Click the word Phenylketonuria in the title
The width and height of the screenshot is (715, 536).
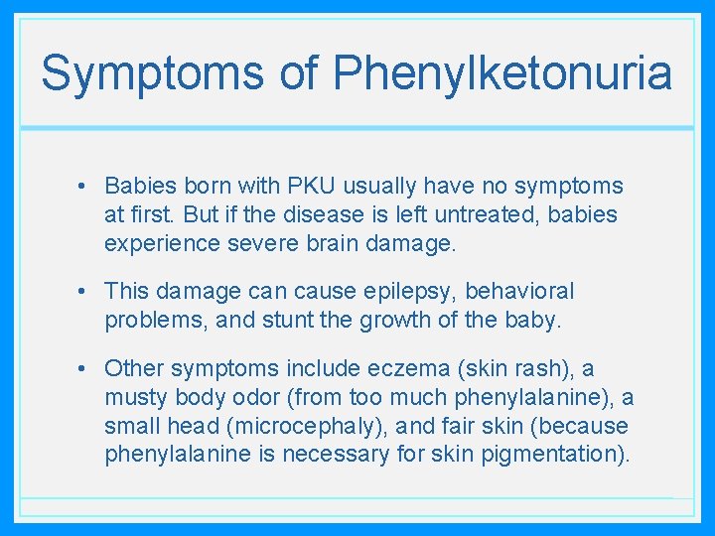tap(502, 73)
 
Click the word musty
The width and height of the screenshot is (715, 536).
tap(135, 398)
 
